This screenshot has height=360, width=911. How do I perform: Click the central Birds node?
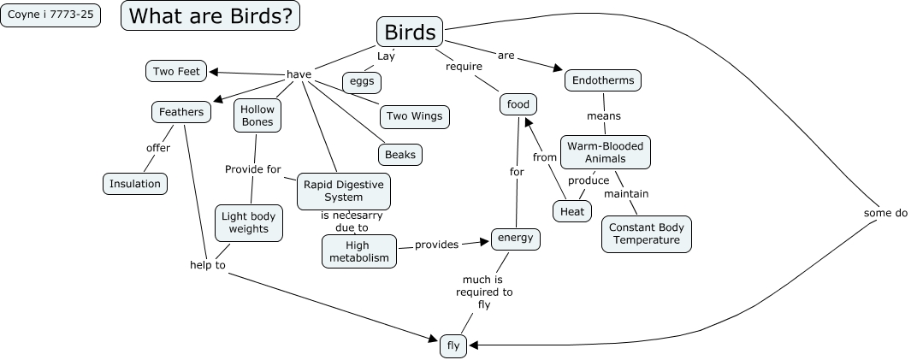tap(410, 32)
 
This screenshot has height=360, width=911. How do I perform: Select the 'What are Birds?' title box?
tap(210, 15)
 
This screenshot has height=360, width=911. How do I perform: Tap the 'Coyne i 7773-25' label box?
tap(50, 15)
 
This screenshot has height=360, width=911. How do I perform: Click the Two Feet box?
tap(176, 71)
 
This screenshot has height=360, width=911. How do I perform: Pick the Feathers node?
tap(181, 112)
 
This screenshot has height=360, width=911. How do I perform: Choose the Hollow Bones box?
tap(257, 115)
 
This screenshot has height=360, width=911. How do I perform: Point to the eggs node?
tap(361, 82)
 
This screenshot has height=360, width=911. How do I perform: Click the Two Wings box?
tap(414, 116)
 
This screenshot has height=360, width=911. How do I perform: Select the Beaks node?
tap(400, 155)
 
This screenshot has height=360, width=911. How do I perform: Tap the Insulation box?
tap(134, 183)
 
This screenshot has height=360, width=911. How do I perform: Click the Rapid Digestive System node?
tap(344, 192)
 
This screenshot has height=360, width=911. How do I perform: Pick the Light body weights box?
tap(249, 223)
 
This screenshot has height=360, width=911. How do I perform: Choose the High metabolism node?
tap(359, 251)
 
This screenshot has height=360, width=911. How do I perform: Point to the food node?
tap(518, 104)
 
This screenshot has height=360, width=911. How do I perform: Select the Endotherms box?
tap(603, 80)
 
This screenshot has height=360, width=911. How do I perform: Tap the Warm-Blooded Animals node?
tap(605, 152)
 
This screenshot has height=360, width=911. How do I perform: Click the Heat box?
tap(571, 210)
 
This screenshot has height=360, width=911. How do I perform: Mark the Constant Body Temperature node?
tap(646, 234)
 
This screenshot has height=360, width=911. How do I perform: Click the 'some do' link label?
tap(885, 213)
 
